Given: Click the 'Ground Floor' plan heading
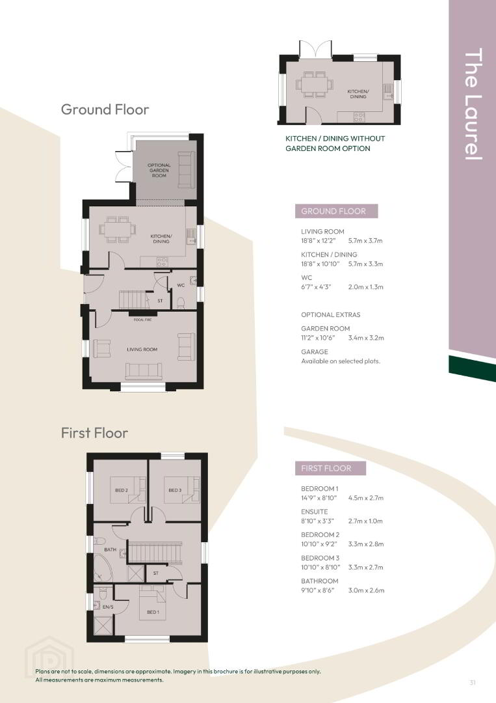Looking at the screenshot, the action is coord(105,109).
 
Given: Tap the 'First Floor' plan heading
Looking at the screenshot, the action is coord(94,433).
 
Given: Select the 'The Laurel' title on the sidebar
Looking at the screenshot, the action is coord(473,104).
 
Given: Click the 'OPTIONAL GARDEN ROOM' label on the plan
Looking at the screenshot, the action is coord(159,171).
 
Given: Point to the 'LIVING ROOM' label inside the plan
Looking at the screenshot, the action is coord(142,350).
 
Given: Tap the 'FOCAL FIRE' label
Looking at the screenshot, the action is coord(142,320).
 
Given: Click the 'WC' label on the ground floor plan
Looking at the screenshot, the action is coord(181,285).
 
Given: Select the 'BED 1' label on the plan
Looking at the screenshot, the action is coord(153,612).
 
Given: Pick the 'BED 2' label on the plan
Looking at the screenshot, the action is coord(122,490).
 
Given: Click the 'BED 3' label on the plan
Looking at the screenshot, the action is coord(175,490).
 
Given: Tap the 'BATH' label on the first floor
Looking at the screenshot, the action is coord(110,549).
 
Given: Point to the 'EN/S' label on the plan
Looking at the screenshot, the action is coord(108,607).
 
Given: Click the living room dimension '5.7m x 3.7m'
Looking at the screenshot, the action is coord(365,241).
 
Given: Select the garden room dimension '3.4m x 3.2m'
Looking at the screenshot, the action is coord(366,338).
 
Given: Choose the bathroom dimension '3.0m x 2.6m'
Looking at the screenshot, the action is coord(366,590).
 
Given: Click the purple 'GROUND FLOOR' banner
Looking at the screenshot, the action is coord(336,211).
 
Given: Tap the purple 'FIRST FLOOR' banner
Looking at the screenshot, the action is coord(330,469).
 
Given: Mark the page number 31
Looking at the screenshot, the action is coord(473,682).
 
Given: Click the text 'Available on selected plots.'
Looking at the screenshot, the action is coord(340,361).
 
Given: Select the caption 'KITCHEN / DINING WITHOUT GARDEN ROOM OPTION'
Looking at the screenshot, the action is coord(335,143).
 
